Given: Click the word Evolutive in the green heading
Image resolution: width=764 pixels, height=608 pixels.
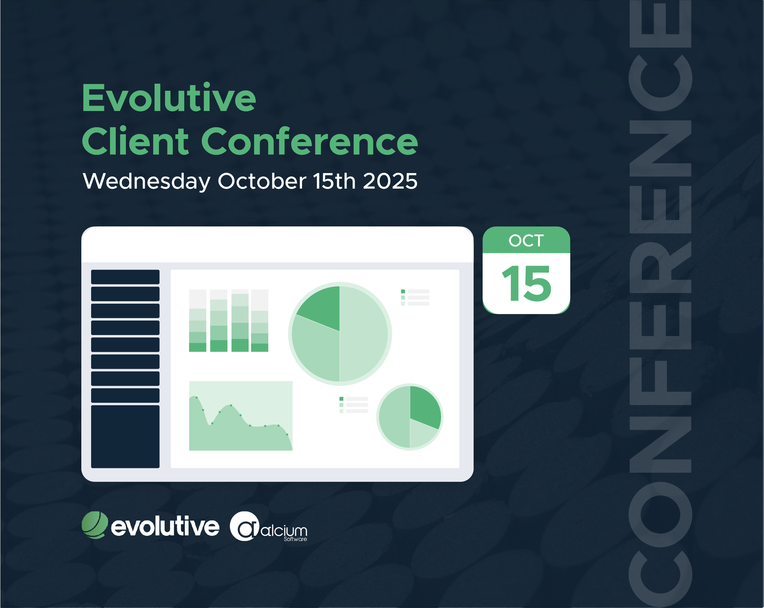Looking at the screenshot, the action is (169, 98).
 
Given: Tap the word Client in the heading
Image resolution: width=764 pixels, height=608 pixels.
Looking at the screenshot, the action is (135, 141).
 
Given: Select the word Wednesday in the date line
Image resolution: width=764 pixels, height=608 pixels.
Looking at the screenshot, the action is (147, 182).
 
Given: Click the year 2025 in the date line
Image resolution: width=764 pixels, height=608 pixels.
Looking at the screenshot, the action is (390, 181).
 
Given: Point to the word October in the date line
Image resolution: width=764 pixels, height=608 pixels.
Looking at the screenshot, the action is (262, 181).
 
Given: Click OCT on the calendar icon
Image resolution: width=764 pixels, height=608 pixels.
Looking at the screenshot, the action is (526, 241).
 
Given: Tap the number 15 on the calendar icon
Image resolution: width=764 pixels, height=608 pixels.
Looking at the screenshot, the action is (526, 283).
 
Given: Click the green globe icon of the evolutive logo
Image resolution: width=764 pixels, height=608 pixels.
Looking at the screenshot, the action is (94, 525).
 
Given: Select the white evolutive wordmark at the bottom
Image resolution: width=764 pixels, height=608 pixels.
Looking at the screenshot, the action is (165, 526).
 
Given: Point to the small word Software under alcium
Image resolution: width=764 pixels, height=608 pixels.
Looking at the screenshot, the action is (295, 539).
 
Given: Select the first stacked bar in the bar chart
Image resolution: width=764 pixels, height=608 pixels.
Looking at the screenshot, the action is (197, 320).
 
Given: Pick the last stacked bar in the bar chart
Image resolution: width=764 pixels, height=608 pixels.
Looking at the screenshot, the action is (260, 320).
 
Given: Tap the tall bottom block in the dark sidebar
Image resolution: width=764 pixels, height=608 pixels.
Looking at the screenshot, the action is (125, 437).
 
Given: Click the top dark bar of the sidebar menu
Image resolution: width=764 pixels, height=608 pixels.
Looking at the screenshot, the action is (125, 277).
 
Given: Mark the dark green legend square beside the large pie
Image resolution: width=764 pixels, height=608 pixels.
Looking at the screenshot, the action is (403, 291).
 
